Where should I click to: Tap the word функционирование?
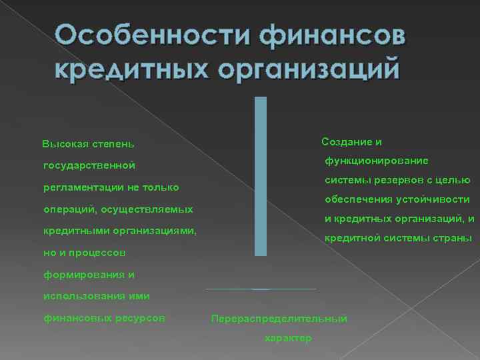(x=377, y=161)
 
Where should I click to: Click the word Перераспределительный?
(x=279, y=319)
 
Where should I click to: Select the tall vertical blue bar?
(x=260, y=176)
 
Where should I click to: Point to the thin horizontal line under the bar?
(x=261, y=289)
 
